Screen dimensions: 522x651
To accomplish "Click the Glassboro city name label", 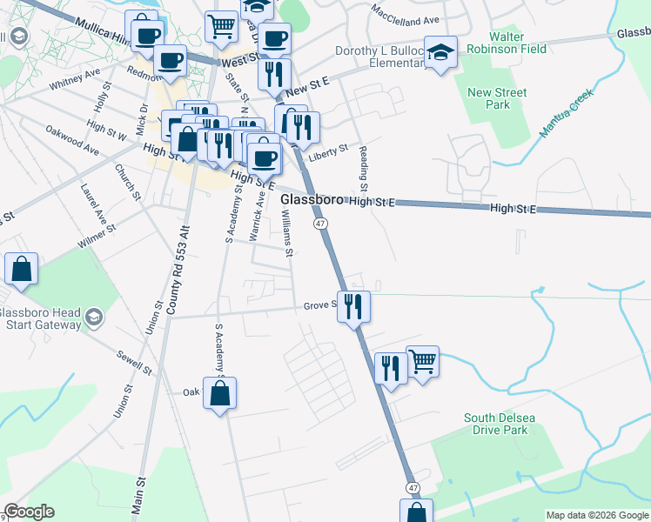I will point(312,200).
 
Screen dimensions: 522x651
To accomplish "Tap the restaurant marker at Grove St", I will point(353,306).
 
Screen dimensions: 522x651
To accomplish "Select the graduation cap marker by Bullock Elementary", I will point(441,52).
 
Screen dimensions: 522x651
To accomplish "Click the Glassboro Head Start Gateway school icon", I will point(92,318).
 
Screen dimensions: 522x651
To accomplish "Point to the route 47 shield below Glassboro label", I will point(321,224).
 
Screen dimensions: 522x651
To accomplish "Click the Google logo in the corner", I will point(29,512).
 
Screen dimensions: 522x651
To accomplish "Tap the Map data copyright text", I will point(597,515).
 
